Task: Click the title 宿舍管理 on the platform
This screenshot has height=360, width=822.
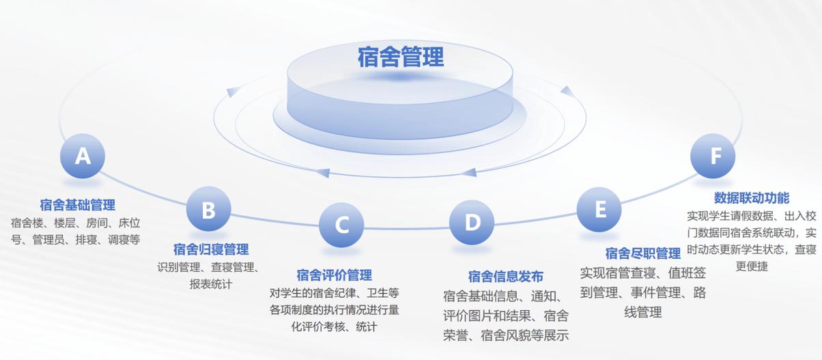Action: [401, 57]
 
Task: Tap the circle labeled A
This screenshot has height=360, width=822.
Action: [83, 156]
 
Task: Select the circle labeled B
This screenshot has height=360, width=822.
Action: [208, 209]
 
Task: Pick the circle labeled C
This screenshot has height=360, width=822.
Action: [341, 225]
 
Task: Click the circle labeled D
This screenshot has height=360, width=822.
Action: [472, 222]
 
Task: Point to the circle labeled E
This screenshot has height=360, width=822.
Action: [599, 210]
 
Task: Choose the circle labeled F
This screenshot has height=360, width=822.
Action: [713, 156]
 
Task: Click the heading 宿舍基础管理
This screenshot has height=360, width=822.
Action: [77, 205]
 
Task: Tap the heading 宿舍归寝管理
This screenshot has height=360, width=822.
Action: [211, 249]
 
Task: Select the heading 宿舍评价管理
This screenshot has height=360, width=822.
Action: [335, 275]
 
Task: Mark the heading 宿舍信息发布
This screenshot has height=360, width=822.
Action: [506, 276]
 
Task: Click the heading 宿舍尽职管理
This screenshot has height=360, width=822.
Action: [643, 253]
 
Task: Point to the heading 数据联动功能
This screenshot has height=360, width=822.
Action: [752, 198]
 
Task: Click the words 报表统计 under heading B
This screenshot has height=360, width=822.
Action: [211, 284]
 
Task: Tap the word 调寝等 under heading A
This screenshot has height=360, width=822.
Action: [124, 240]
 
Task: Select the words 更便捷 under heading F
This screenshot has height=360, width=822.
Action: [752, 266]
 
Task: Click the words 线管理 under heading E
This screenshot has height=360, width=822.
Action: [643, 313]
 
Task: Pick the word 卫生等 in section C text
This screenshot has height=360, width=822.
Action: [383, 293]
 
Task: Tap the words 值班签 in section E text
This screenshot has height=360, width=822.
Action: [687, 273]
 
